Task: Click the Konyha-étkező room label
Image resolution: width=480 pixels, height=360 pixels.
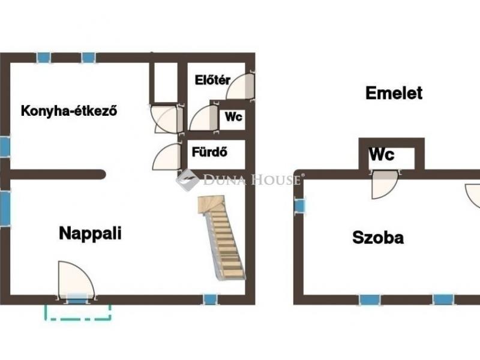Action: coord(68,111)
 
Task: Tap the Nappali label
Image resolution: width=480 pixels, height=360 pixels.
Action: coord(90,233)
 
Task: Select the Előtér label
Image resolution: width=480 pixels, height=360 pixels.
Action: coord(212,80)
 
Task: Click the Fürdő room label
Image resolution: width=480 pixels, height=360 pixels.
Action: coord(209,152)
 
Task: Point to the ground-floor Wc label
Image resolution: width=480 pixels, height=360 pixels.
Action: coord(233,116)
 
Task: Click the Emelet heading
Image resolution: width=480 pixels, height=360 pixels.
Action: coord(394,93)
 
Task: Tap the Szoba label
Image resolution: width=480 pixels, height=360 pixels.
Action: coord(377,238)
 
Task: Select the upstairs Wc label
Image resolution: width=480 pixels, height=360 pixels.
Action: coord(382,154)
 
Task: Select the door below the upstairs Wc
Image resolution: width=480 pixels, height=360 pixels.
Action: coord(384,184)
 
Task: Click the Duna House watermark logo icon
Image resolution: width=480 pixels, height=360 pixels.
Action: coord(188,179)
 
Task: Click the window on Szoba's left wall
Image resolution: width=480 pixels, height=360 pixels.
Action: coord(299,206)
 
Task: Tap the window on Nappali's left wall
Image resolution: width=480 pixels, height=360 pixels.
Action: coord(5,208)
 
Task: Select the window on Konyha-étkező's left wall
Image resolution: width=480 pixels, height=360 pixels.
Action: coord(5,146)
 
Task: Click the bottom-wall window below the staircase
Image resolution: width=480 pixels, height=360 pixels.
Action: coord(209,299)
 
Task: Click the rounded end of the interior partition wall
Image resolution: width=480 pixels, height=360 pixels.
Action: coord(103,175)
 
